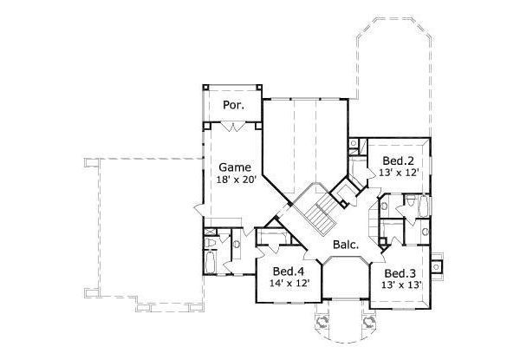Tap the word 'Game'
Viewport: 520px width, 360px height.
point(234,167)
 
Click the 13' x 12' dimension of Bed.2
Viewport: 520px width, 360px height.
point(398,173)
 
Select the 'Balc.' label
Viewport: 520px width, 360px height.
point(347,245)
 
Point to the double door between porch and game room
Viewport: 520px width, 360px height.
point(231,127)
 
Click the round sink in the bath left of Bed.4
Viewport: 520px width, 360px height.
point(237,245)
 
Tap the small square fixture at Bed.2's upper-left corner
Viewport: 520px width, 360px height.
point(353,142)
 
